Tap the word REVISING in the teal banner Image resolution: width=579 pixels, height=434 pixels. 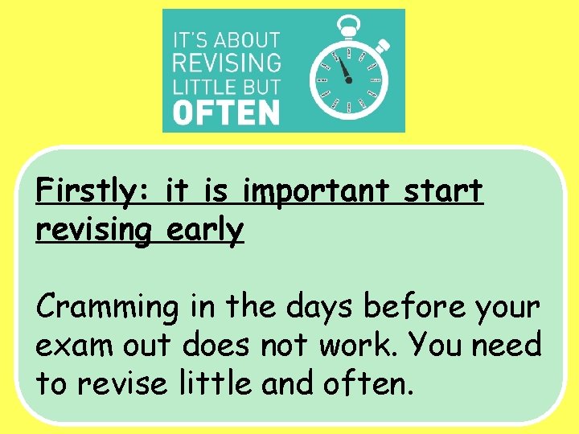pos(227,62)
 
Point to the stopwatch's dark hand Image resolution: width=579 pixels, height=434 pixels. pos(346,69)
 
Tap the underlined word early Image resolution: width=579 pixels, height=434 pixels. pos(205,231)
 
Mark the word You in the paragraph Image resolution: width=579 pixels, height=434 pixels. pos(432,346)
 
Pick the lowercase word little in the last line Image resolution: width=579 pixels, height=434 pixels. pos(212,383)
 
